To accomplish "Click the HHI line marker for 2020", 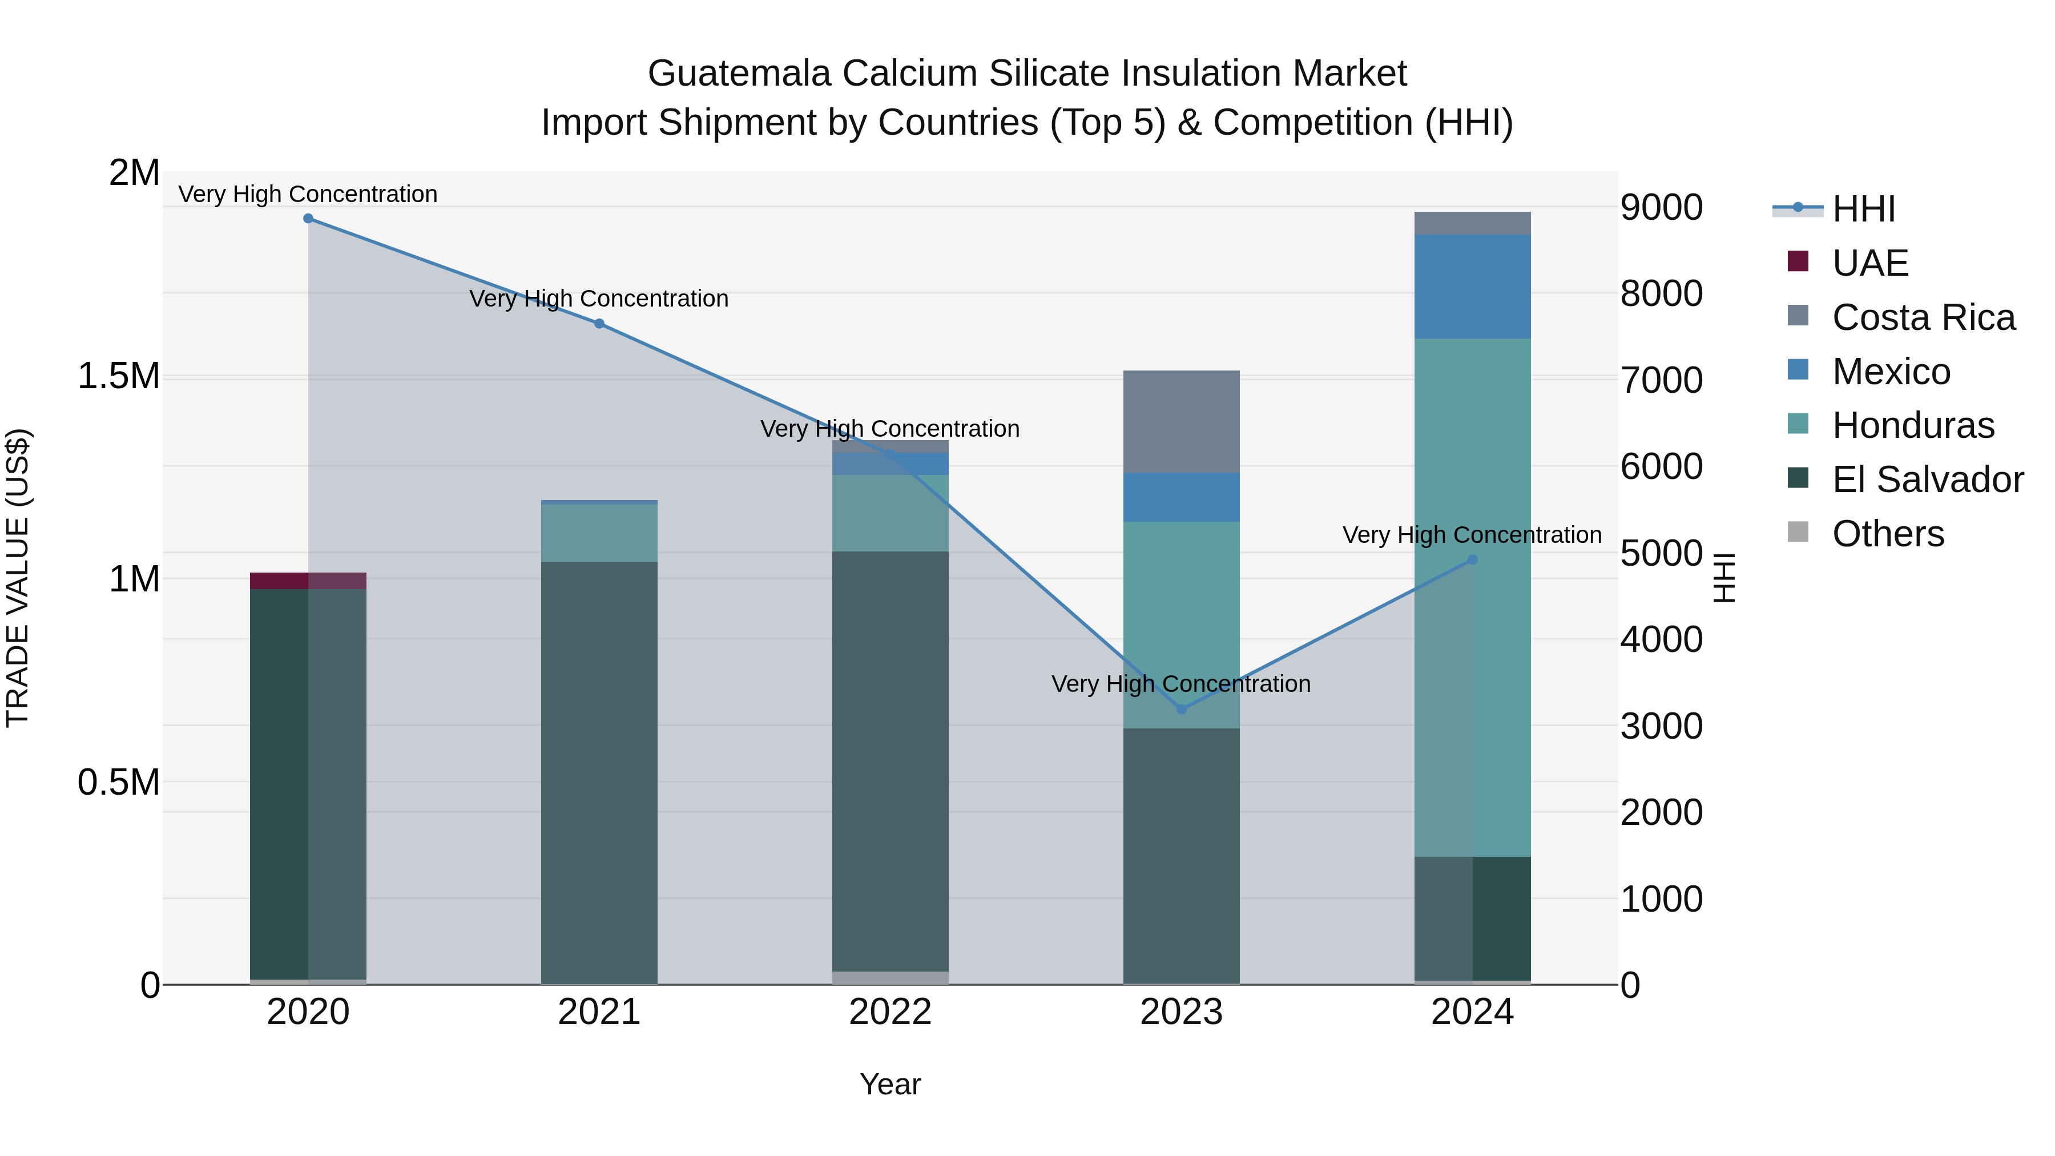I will tap(308, 219).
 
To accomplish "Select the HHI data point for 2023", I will tap(1182, 709).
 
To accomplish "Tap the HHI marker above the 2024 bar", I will tap(1473, 560).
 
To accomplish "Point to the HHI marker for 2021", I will tap(599, 324).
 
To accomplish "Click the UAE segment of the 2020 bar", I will tap(308, 581).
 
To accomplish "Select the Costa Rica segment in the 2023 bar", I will tap(1182, 421).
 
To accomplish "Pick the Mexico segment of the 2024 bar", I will tap(1473, 287).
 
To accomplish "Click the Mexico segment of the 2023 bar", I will tap(1182, 497).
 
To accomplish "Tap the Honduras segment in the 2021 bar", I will tap(599, 533).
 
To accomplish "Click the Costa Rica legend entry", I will tap(1923, 317).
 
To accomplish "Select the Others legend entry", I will tap(1888, 534).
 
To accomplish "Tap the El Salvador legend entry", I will tap(1927, 480).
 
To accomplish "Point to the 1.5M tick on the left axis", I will tap(118, 376).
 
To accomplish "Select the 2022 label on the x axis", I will tap(890, 1012).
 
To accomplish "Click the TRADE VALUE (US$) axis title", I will tap(18, 578).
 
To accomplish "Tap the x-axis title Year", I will tap(890, 1084).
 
